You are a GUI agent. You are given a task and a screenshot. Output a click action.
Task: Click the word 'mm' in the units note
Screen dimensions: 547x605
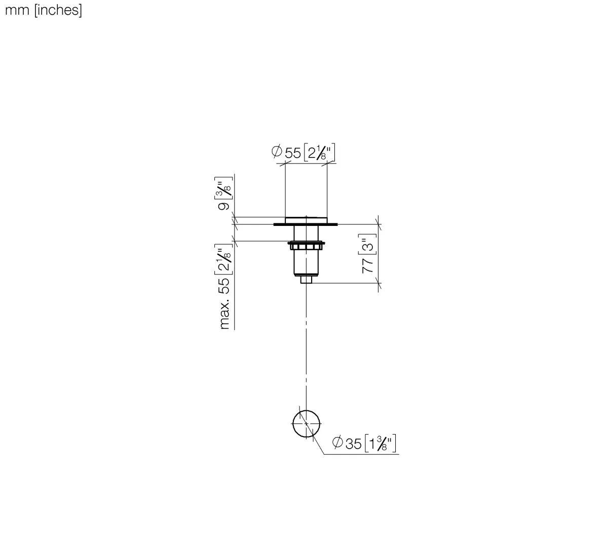pyautogui.click(x=17, y=11)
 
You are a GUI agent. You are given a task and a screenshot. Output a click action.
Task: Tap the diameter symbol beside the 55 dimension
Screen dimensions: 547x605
pyautogui.click(x=277, y=151)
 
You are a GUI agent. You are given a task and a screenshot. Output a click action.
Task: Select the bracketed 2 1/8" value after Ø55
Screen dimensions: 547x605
pyautogui.click(x=320, y=152)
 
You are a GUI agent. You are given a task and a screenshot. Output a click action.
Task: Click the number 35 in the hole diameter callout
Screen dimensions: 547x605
pyautogui.click(x=353, y=443)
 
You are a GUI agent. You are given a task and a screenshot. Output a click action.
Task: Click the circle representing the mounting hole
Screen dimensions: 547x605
pyautogui.click(x=307, y=423)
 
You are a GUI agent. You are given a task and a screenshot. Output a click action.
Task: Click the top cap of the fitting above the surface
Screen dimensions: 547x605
pyautogui.click(x=306, y=219)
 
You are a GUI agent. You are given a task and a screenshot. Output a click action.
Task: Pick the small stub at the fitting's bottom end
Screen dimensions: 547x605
pyautogui.click(x=306, y=279)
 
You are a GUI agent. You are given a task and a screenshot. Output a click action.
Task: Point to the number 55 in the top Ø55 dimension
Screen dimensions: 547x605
pyautogui.click(x=293, y=152)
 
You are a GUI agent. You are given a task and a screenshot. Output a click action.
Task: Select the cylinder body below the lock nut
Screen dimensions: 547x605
pyautogui.click(x=306, y=262)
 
